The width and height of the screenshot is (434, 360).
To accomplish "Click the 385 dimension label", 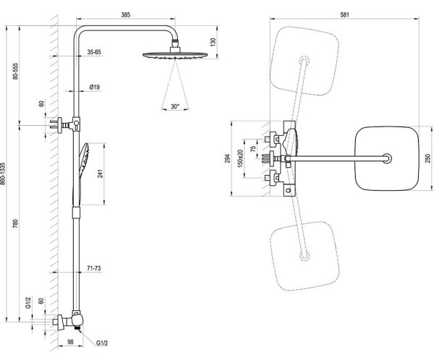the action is [125, 14].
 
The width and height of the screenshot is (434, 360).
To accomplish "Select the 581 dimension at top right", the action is [344, 14].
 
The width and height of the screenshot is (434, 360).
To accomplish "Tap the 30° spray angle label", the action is [175, 106].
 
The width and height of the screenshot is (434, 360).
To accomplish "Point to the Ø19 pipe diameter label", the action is [94, 87].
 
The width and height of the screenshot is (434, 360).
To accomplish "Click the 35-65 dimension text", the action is [94, 52].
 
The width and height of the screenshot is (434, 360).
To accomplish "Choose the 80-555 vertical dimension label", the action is [15, 72].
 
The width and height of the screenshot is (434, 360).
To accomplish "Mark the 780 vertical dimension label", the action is [15, 223].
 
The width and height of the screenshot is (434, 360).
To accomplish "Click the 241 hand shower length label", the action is [100, 173].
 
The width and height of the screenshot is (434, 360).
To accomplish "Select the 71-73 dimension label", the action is [94, 268].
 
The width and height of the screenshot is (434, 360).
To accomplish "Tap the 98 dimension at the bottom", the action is [71, 342].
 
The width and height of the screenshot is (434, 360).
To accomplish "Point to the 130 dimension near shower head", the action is [213, 42].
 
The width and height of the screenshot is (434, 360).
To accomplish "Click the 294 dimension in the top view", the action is [227, 158].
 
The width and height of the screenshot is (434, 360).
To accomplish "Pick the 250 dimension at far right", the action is [427, 158].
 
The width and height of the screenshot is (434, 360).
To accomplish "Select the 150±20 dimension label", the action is [240, 158].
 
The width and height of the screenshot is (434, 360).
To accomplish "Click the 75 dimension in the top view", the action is [252, 149].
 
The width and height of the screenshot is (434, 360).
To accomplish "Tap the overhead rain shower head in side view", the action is [175, 54].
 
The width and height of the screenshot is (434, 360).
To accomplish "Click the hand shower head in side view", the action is [84, 157].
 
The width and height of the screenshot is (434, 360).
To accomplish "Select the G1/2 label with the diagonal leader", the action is [102, 343].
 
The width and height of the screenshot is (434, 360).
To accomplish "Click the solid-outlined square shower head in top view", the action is [387, 158].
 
